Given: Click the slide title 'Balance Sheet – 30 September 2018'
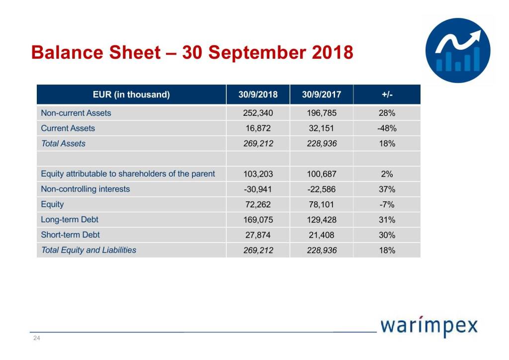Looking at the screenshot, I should click(192, 52).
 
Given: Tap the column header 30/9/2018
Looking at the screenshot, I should click(257, 94).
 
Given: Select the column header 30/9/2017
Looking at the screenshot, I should click(322, 94).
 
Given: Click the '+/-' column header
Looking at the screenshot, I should click(387, 94).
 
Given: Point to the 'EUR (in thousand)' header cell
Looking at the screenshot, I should click(131, 94).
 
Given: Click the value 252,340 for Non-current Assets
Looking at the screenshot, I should click(257, 113).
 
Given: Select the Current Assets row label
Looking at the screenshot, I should click(68, 128).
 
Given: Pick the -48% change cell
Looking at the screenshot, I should click(387, 128).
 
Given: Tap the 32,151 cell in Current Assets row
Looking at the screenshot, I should click(322, 128).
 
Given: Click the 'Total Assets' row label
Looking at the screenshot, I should click(63, 144).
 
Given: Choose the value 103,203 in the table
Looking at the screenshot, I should click(257, 174).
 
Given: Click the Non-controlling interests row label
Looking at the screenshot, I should click(85, 189).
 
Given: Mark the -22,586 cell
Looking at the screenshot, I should click(322, 189).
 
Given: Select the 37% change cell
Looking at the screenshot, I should click(387, 189).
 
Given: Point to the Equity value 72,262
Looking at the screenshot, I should click(257, 204).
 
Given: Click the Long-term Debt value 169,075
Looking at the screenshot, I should click(257, 220).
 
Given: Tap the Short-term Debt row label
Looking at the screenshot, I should click(70, 235).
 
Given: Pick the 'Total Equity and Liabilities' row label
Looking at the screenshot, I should click(88, 250).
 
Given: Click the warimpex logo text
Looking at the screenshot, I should click(429, 327).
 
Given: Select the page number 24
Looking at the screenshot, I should click(36, 339).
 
